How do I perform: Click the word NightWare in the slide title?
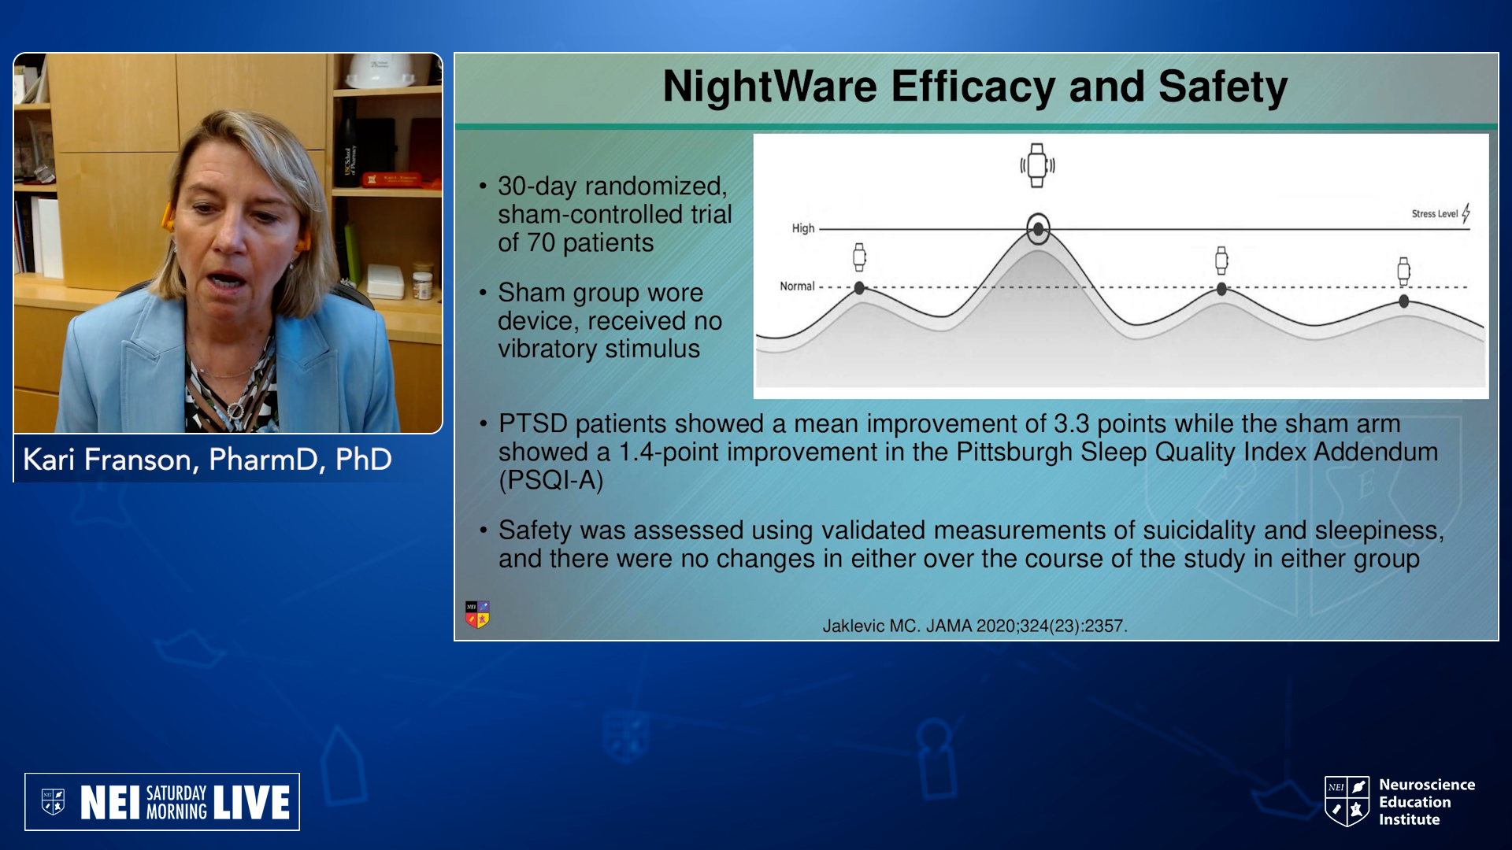(769, 87)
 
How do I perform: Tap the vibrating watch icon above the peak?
(1037, 165)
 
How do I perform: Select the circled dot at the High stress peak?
(1038, 229)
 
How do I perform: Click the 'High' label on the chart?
(803, 228)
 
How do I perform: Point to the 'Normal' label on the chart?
(797, 286)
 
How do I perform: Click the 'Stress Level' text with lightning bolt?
(1440, 213)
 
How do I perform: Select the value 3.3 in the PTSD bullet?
(1072, 423)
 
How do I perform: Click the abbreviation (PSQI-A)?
(551, 480)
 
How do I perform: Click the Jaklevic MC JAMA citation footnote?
(975, 626)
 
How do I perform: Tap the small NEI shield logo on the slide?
(477, 615)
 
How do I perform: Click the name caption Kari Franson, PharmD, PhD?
(207, 460)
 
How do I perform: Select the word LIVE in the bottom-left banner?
(252, 803)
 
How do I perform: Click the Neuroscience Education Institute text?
(1426, 802)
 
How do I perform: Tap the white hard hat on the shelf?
(381, 71)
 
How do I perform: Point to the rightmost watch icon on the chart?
(1403, 271)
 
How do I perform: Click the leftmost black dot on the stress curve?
(859, 288)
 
